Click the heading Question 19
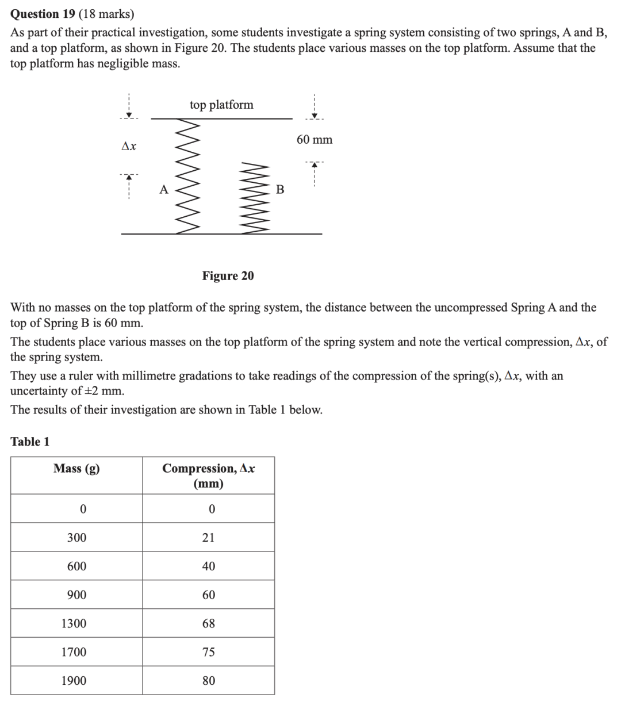pos(43,14)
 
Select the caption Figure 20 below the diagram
pos(228,276)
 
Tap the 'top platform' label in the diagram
pos(221,105)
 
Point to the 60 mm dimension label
pos(315,140)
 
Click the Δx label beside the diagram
pos(129,147)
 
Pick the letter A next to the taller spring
pos(164,189)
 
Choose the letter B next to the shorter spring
pos(280,189)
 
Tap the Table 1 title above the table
pos(30,442)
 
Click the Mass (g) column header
pos(76,469)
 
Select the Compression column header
pos(209,476)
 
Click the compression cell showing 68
pos(209,623)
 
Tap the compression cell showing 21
pos(209,538)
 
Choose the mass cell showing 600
pos(76,566)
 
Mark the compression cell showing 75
pos(209,652)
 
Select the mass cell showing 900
pos(76,595)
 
